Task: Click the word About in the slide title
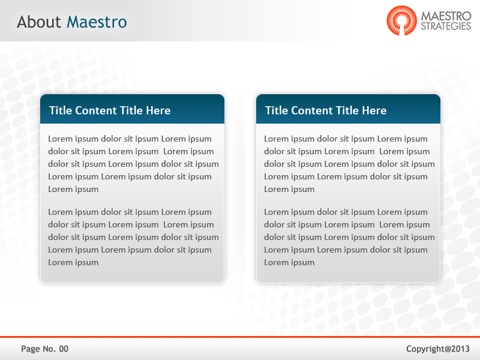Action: (39, 22)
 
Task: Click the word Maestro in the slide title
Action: (97, 22)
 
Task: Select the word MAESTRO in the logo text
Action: (446, 15)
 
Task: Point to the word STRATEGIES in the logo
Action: (446, 26)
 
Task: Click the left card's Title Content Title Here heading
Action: (110, 110)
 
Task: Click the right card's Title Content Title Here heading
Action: (326, 110)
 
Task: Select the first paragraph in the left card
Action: (132, 164)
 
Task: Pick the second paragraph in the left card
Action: (132, 237)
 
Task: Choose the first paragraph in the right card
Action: (348, 164)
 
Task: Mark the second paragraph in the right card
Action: (348, 237)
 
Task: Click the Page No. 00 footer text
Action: (45, 349)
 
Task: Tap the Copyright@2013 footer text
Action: (438, 349)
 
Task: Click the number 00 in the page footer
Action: (64, 349)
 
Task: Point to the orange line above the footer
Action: (240, 337)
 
